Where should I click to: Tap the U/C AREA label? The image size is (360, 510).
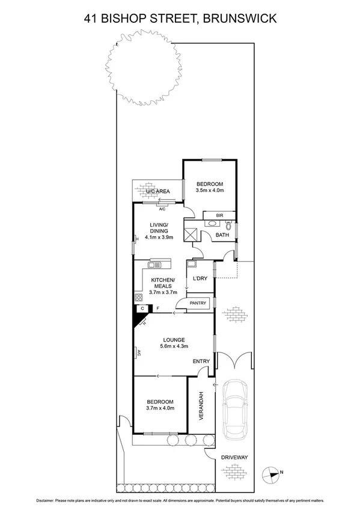point(158,191)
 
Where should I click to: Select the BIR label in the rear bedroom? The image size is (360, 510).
point(213,215)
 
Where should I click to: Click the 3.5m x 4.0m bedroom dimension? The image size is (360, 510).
point(209,191)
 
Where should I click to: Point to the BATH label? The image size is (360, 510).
point(222,235)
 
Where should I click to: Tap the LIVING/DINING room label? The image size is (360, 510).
point(159,229)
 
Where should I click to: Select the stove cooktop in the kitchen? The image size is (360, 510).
point(138,297)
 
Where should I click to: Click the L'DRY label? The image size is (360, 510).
point(200,278)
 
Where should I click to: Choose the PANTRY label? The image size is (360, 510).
point(198,303)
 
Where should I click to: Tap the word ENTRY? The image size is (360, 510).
point(201,361)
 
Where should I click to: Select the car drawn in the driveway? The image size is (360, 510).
point(236,407)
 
